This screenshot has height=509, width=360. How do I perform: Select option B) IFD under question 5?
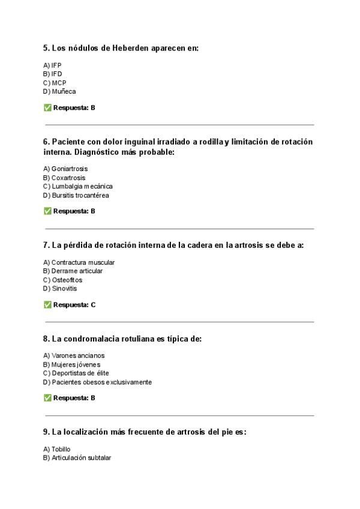53,74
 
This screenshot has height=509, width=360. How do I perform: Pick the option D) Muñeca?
59,91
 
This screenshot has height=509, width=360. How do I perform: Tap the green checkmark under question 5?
47,108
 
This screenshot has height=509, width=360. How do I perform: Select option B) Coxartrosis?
64,178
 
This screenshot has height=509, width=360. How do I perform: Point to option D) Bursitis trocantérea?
76,195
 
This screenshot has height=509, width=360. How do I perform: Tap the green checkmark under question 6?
47,211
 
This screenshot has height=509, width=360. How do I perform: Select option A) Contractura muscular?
79,262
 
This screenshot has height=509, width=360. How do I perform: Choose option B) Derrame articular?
73,271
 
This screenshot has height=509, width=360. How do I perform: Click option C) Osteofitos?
63,280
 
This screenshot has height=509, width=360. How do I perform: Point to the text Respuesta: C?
74,305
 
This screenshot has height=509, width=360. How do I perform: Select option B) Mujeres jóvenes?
71,364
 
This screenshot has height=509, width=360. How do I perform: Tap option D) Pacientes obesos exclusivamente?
97,382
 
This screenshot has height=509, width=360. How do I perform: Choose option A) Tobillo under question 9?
57,449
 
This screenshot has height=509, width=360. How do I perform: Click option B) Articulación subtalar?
77,457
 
